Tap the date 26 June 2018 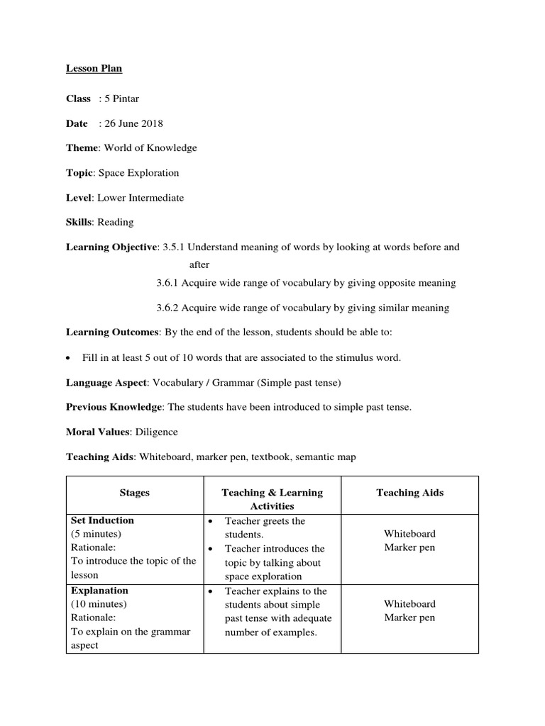pyautogui.click(x=133, y=123)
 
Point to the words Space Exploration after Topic pyautogui.click(x=138, y=173)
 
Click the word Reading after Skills pyautogui.click(x=116, y=223)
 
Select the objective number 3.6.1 pyautogui.click(x=168, y=283)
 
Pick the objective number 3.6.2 pyautogui.click(x=168, y=308)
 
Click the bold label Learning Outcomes pyautogui.click(x=113, y=333)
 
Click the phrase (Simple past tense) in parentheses pyautogui.click(x=299, y=383)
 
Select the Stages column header pyautogui.click(x=134, y=493)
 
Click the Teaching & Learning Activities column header pyautogui.click(x=272, y=499)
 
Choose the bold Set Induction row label pyautogui.click(x=102, y=520)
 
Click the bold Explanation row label pyautogui.click(x=99, y=591)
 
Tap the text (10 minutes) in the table pyautogui.click(x=99, y=604)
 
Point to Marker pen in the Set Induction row pyautogui.click(x=409, y=547)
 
